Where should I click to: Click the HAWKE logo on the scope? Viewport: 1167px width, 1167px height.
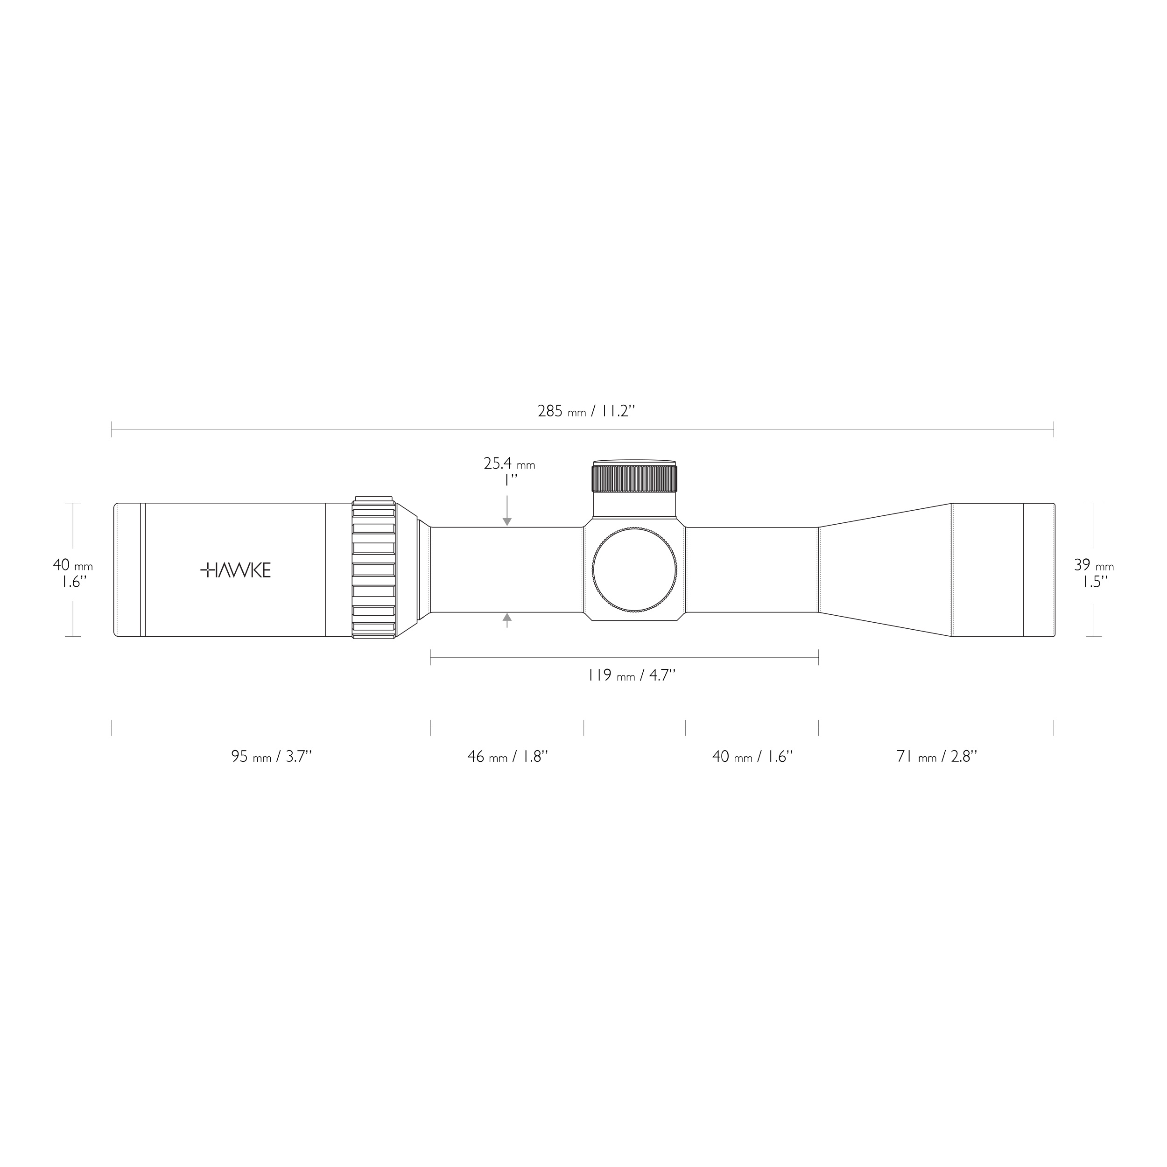point(236,570)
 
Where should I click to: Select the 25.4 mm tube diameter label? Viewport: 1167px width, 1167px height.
point(509,464)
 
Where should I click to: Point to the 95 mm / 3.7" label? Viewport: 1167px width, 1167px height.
point(271,756)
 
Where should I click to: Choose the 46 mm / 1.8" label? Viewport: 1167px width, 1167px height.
point(507,756)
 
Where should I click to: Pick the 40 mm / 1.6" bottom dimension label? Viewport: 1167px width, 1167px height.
point(752,756)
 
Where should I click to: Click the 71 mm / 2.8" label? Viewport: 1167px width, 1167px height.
point(936,756)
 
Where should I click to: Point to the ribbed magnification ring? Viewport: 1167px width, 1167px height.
point(373,569)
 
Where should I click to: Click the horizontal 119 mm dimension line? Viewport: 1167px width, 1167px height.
point(624,657)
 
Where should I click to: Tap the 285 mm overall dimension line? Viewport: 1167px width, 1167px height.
point(582,429)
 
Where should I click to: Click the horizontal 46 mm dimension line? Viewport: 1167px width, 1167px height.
point(507,728)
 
